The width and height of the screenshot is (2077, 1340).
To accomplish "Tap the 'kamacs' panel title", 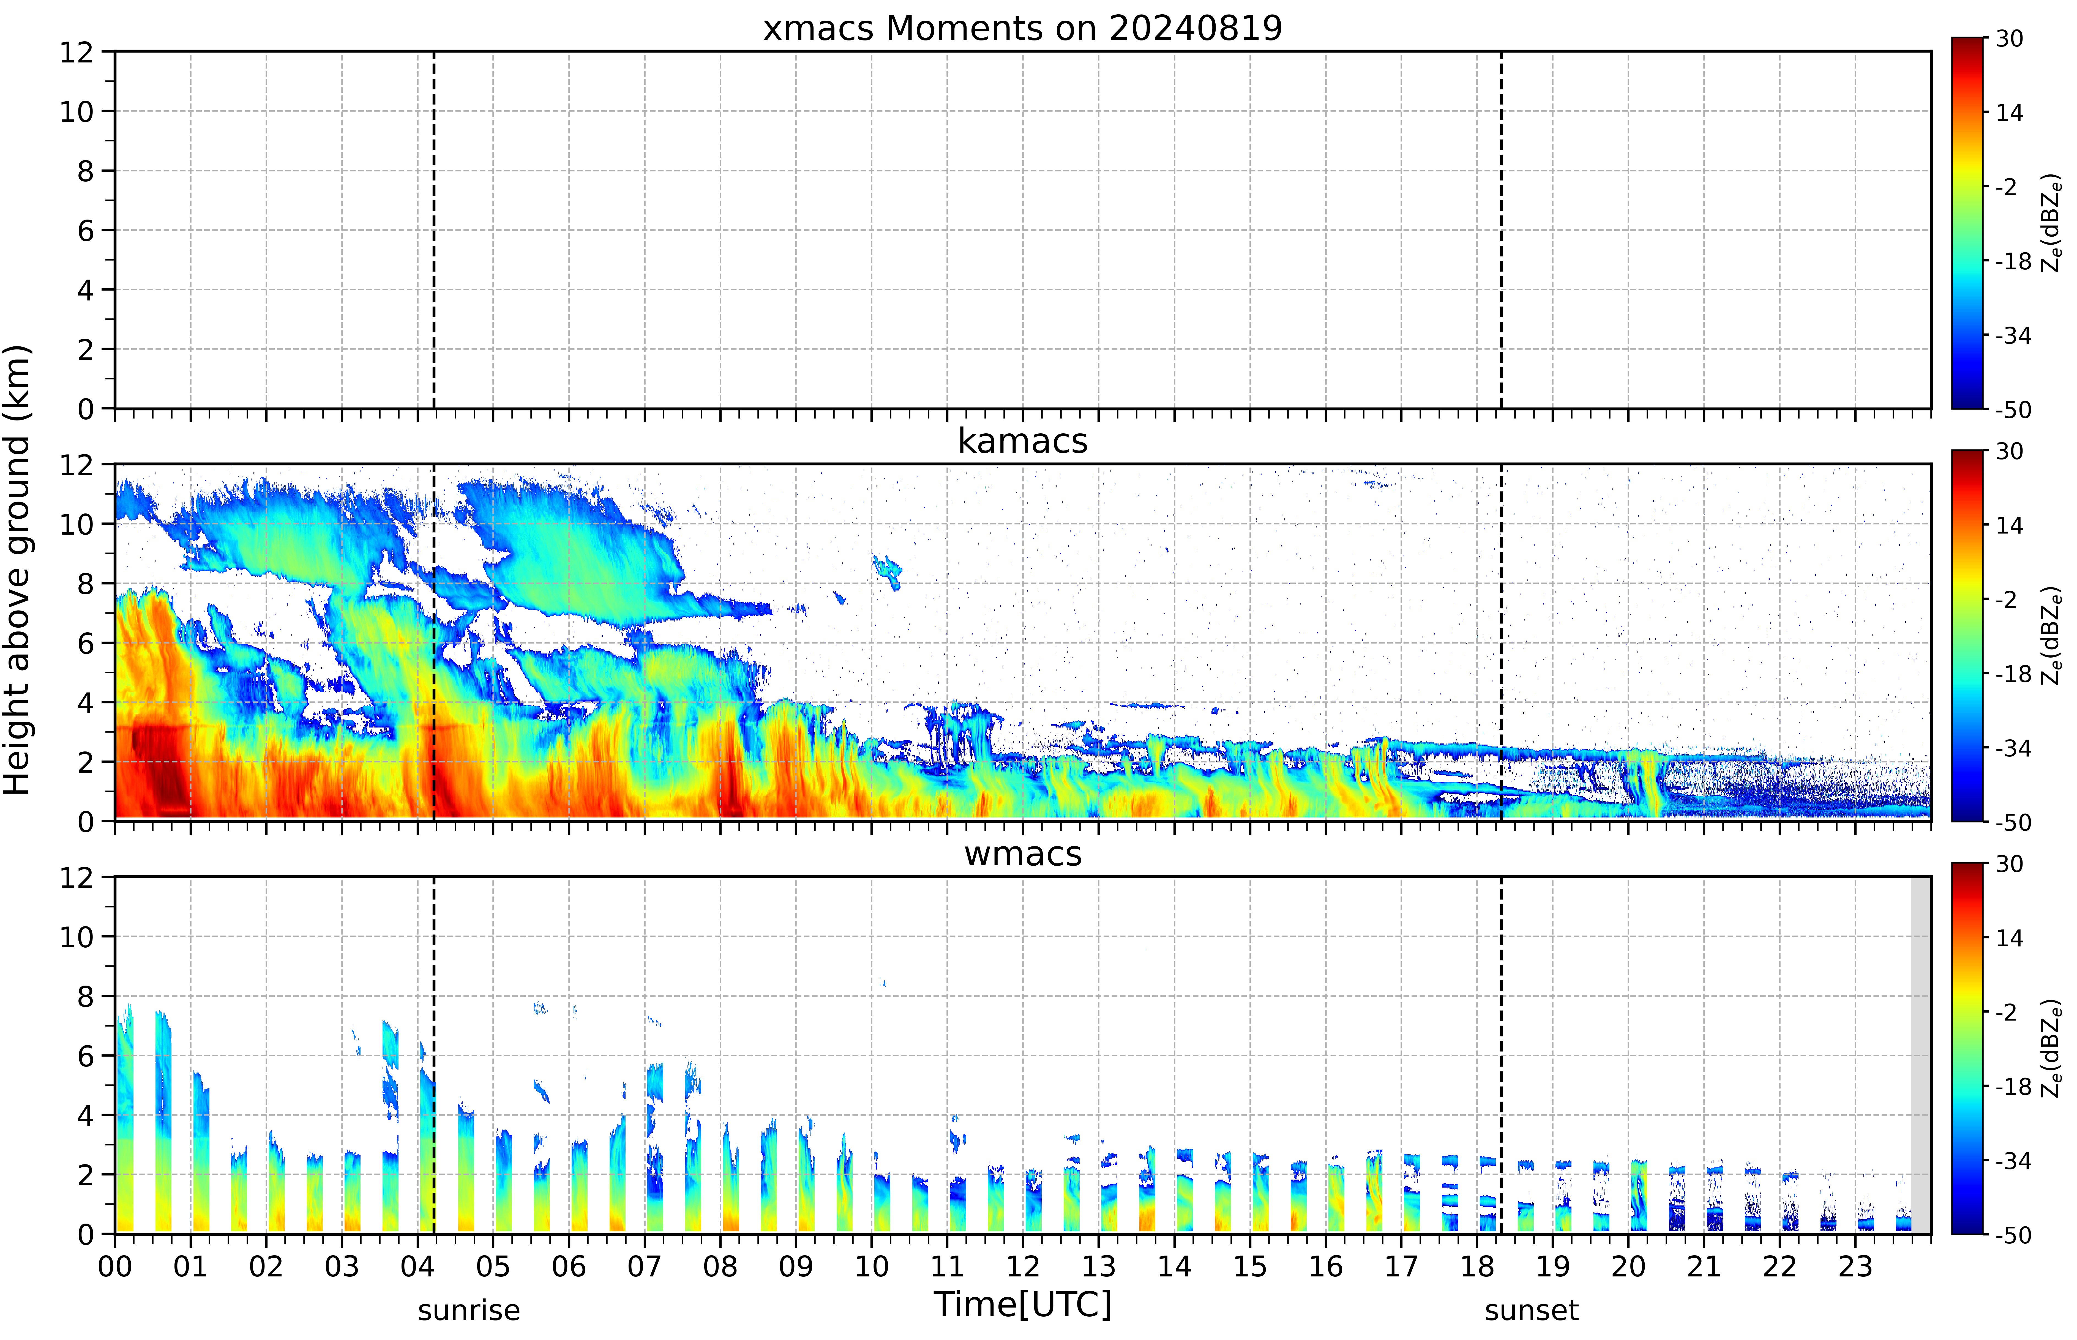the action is click(x=1022, y=441).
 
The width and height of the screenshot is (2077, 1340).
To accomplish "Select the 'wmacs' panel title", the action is click(x=1022, y=854).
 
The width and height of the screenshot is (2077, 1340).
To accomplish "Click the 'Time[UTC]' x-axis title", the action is click(x=1022, y=1304).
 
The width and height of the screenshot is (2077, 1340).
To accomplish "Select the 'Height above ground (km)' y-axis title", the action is click(x=17, y=570).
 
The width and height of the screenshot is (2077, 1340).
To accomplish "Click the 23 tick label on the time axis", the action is click(x=1855, y=1266).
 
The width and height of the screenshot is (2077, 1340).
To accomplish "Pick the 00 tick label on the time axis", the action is click(x=115, y=1266).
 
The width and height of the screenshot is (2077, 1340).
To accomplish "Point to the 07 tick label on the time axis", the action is click(x=645, y=1266).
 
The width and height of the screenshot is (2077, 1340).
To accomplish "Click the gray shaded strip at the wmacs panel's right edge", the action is click(x=1920, y=1055).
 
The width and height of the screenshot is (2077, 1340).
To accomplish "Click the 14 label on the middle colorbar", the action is click(x=2009, y=526).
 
